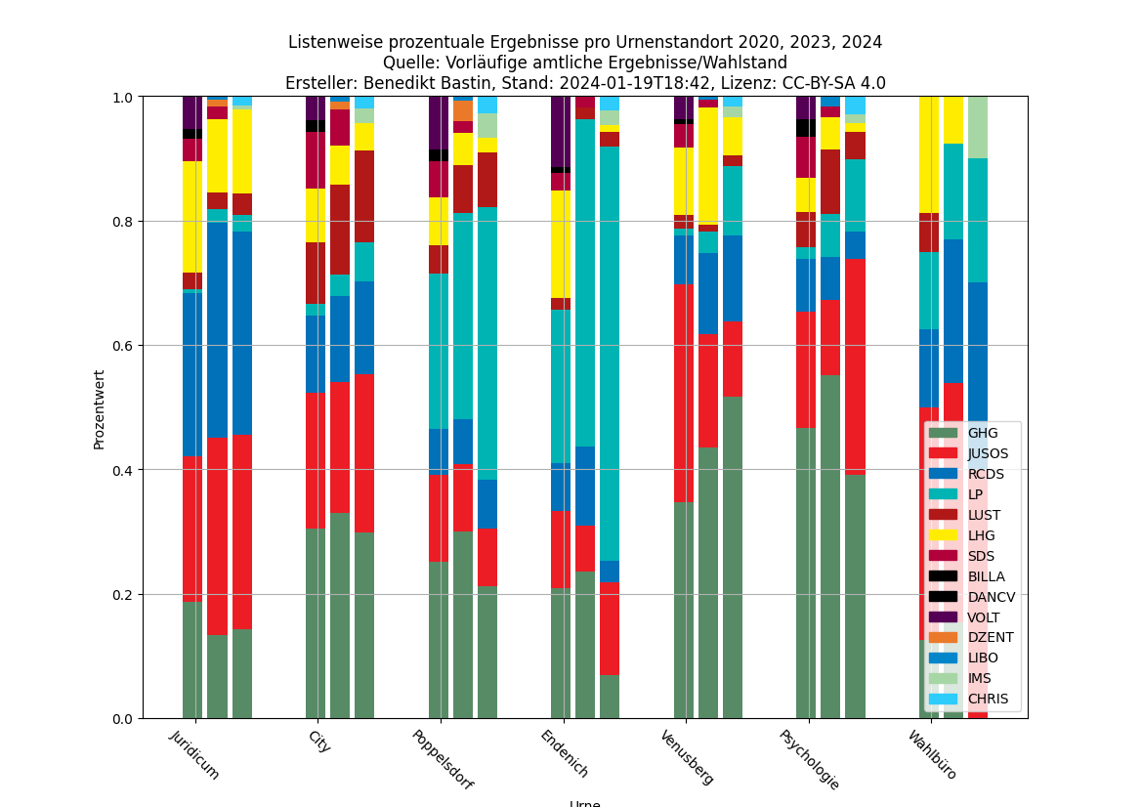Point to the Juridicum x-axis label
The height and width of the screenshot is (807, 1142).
195,755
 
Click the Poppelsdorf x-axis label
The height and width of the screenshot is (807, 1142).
442,760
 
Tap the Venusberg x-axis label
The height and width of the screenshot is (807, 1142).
686,757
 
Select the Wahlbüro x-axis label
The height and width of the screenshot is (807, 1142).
932,755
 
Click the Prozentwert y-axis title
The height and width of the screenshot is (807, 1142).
100,409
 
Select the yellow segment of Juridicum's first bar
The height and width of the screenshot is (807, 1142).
192,217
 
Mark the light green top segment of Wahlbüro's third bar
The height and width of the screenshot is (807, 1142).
978,127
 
